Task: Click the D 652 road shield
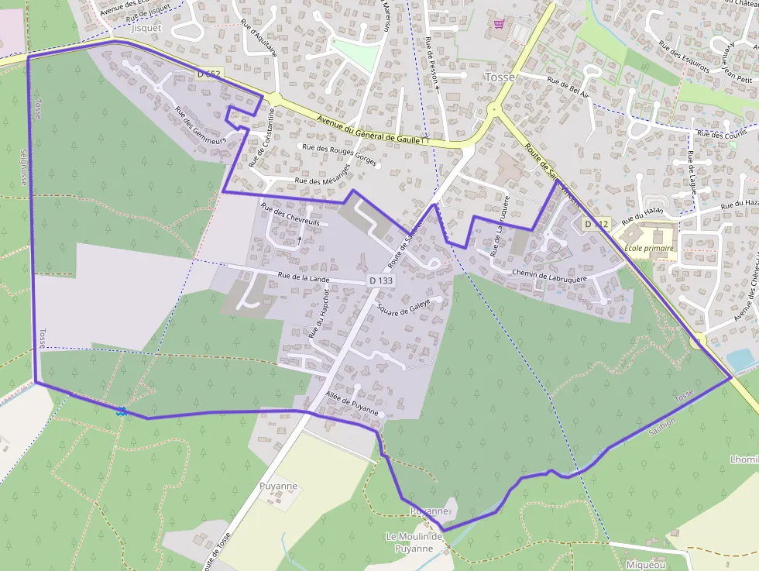tap(208, 74)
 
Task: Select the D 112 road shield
tap(597, 224)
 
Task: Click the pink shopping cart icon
tap(499, 24)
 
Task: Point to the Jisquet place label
tap(146, 27)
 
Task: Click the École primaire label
tap(649, 249)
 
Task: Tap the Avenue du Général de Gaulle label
tap(372, 129)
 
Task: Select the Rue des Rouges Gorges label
tap(340, 155)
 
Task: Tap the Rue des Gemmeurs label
tap(200, 126)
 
